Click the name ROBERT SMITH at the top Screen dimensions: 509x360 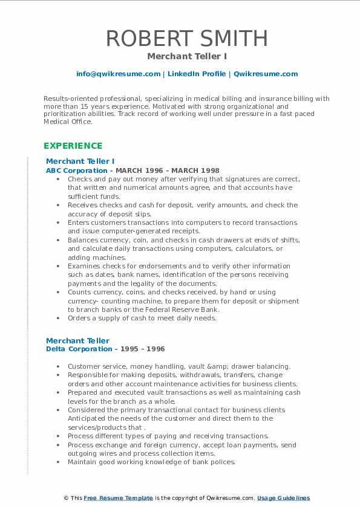click(186, 38)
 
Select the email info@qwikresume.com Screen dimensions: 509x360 click(118, 74)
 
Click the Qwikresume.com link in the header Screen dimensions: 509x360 click(266, 74)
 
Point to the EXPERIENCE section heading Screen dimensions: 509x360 click(73, 146)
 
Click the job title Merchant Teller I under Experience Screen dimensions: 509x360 click(80, 161)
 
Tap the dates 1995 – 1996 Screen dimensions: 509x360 click(141, 349)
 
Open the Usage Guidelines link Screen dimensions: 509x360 click(283, 498)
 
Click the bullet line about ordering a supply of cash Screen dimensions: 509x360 click(142, 318)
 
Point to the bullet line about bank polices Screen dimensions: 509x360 click(151, 462)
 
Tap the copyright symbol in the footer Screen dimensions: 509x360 click(66, 498)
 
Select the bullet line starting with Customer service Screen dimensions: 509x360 click(178, 366)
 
